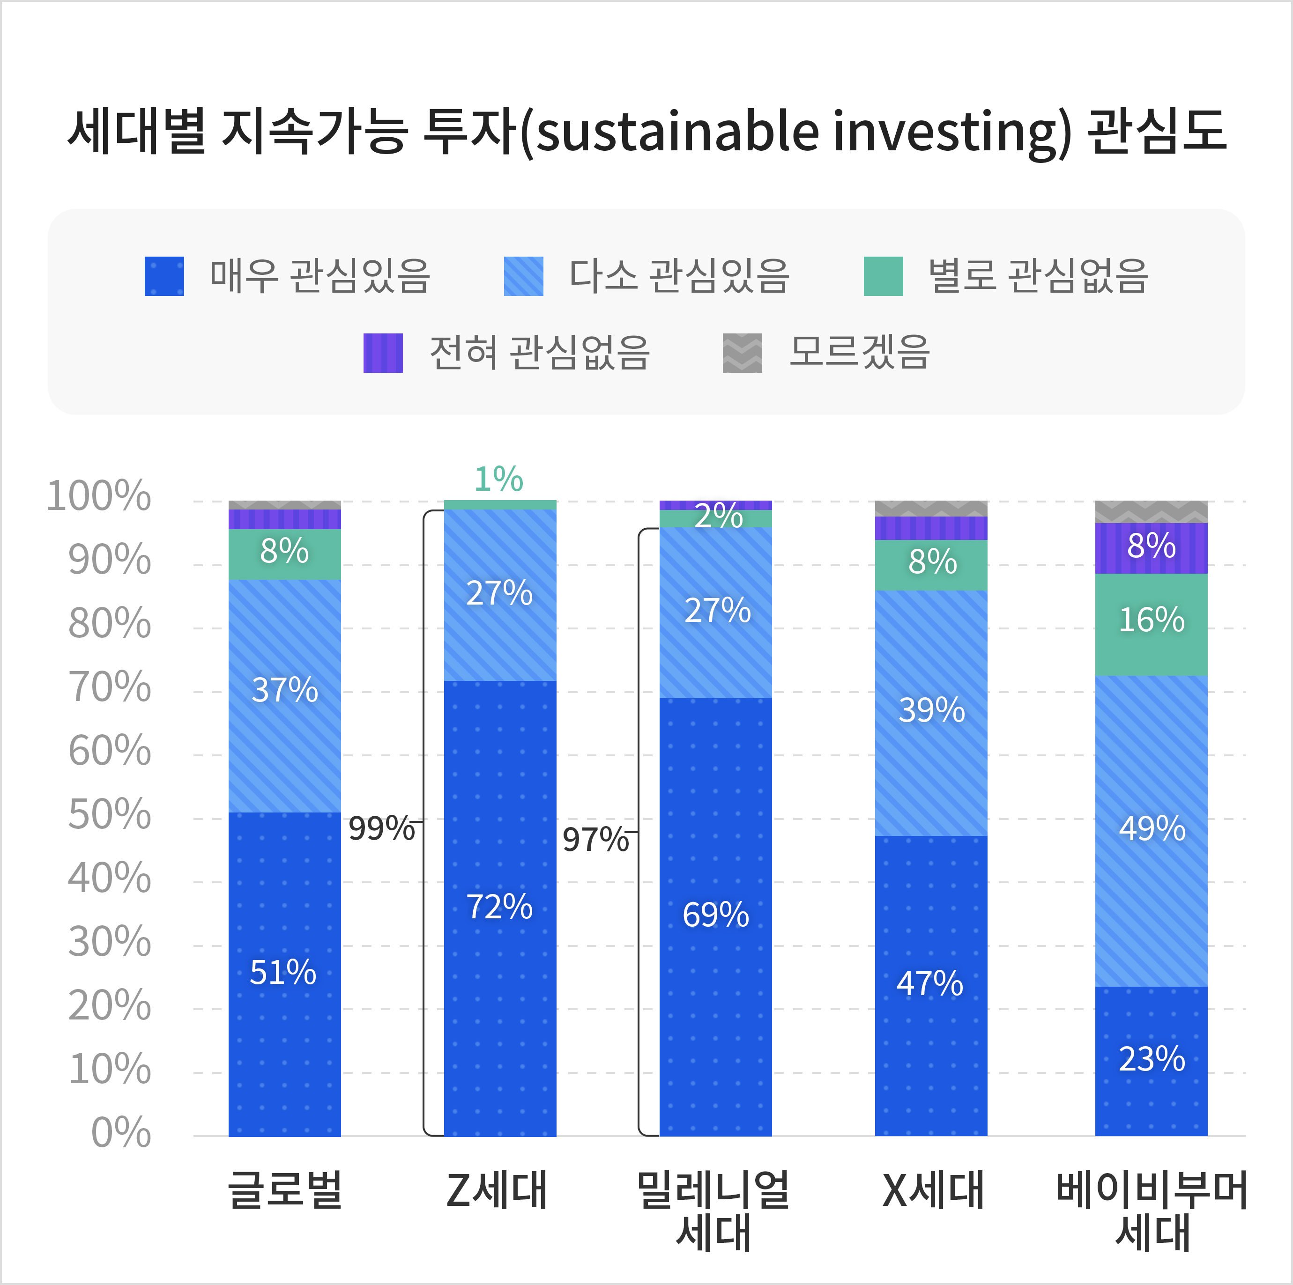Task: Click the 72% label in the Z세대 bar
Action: click(499, 907)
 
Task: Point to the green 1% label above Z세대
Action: click(498, 480)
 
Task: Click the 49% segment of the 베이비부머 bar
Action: click(1151, 829)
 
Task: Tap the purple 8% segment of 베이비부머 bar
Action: click(1151, 547)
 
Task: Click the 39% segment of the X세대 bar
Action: click(931, 711)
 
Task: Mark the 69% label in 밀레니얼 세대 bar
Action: click(715, 915)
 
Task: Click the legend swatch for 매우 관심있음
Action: click(164, 276)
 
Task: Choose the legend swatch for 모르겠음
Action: click(742, 353)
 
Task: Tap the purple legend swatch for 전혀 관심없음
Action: click(383, 353)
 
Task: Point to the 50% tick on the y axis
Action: click(110, 815)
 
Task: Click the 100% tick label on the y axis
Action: click(99, 497)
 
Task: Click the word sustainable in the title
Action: click(676, 131)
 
